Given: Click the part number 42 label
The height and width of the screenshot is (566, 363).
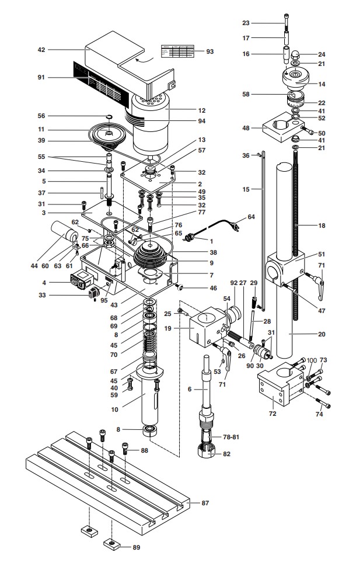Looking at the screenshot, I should click(x=41, y=50).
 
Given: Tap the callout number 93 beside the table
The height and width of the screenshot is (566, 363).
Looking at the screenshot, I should click(x=210, y=51).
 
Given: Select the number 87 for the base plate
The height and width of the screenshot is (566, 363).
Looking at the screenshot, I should click(x=205, y=503).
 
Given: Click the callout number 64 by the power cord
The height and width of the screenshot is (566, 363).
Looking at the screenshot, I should click(x=252, y=217).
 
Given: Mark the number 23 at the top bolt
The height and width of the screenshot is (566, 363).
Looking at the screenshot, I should click(x=246, y=23).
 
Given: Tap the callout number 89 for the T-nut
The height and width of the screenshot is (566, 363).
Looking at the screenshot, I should click(x=136, y=547).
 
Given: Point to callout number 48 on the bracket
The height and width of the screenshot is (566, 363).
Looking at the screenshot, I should click(x=246, y=127).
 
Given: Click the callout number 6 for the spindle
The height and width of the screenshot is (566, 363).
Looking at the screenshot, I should click(x=189, y=389).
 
